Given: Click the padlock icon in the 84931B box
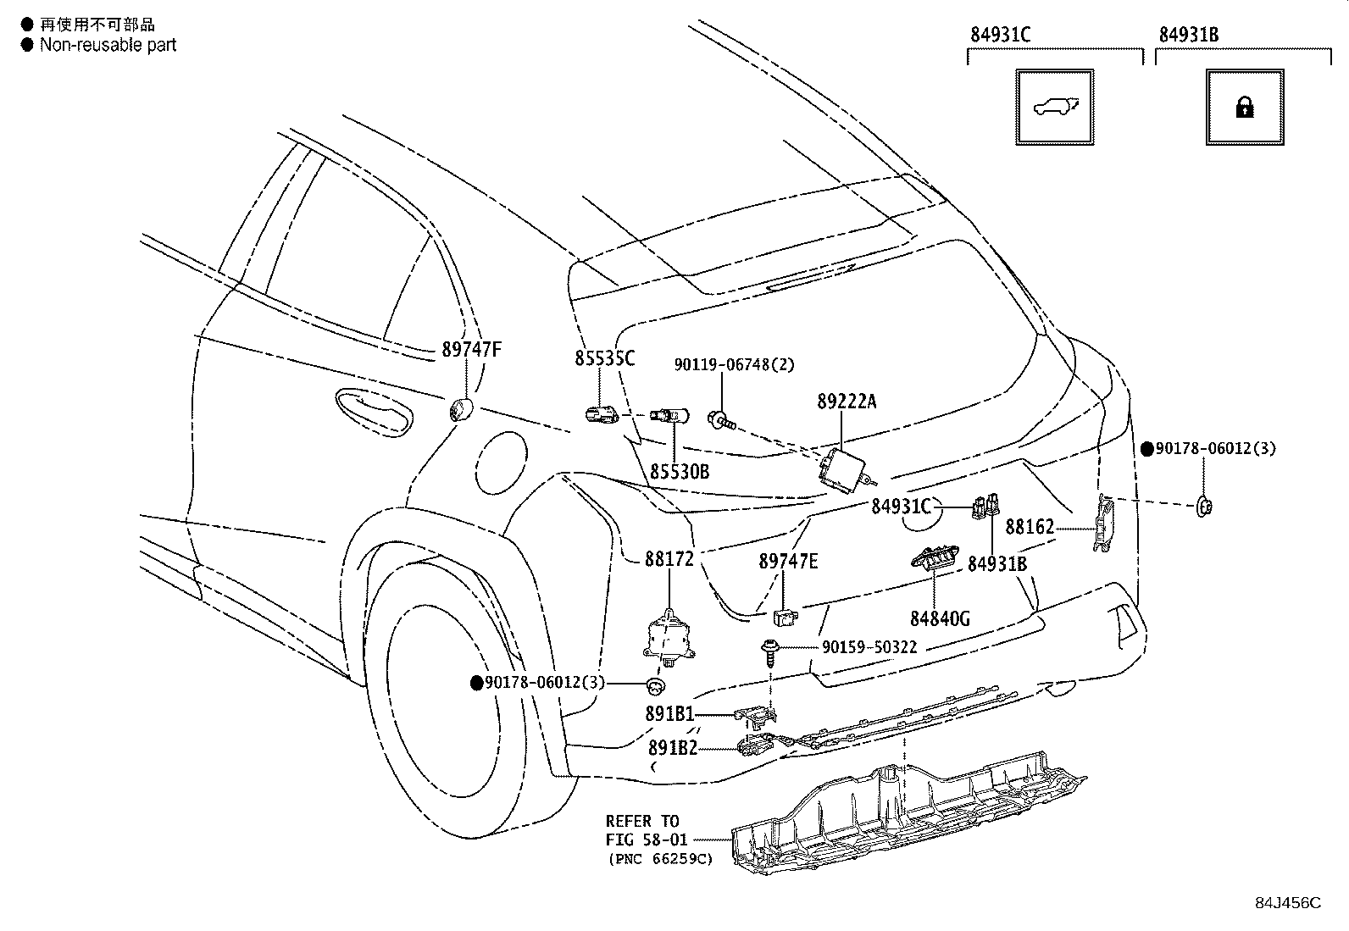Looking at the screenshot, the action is tap(1244, 108).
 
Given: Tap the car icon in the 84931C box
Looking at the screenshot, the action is tap(1056, 108).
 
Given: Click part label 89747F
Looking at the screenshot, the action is tap(471, 349).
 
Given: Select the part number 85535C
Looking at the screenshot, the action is tap(604, 358).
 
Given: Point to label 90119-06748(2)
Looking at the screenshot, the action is tap(734, 364).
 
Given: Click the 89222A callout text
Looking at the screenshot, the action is tap(847, 401).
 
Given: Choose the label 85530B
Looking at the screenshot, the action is tap(680, 472).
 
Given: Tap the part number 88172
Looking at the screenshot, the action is tap(669, 559).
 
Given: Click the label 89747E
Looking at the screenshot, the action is tap(788, 562).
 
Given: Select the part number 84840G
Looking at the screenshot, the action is tap(940, 618).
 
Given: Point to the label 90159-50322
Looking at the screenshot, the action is tap(869, 647).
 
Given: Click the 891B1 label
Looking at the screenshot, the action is tap(669, 714).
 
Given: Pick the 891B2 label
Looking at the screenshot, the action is tap(673, 748).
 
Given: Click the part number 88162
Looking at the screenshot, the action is tap(1030, 528).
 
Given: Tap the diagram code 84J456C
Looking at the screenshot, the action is tap(1288, 903).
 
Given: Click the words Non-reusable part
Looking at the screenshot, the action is tap(108, 45).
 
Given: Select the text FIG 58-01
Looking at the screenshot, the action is tap(647, 840).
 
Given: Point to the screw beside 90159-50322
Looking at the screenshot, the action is tap(769, 652).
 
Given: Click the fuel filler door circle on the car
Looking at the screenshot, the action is tap(501, 463).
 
